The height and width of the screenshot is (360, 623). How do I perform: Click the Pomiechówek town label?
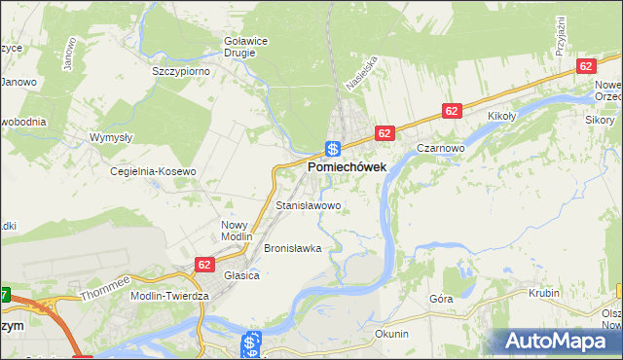347,167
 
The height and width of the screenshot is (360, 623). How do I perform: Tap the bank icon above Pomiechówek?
332,149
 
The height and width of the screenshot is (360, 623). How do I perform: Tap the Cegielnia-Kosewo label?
153,171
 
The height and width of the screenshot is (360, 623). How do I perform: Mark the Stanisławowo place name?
308,206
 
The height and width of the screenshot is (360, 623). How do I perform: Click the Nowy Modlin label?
237,231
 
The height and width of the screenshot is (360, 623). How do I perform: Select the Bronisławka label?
292,248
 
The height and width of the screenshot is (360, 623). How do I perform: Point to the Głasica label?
240,275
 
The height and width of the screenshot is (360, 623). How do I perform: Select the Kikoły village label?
502,114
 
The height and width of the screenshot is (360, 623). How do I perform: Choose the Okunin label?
391,334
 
